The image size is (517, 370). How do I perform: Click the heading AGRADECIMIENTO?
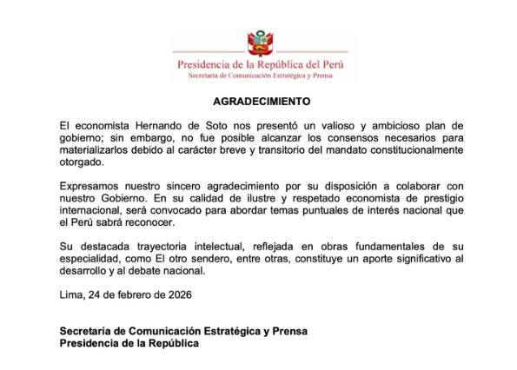point(259,102)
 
